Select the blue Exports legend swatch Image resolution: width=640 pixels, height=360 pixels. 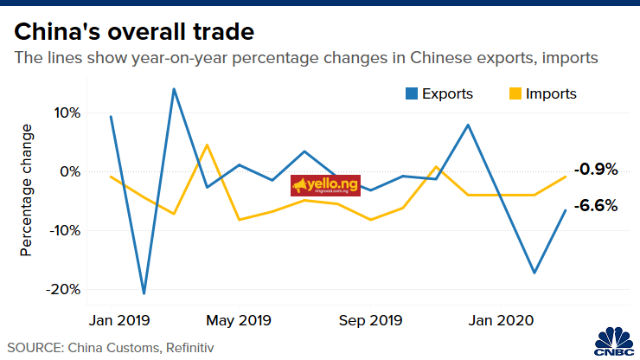click(413, 93)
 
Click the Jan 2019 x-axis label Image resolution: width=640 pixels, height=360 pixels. click(120, 320)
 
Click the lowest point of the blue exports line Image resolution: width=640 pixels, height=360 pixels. click(144, 293)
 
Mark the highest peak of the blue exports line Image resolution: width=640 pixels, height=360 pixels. click(174, 88)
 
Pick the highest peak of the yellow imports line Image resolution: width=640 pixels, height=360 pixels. click(207, 145)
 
